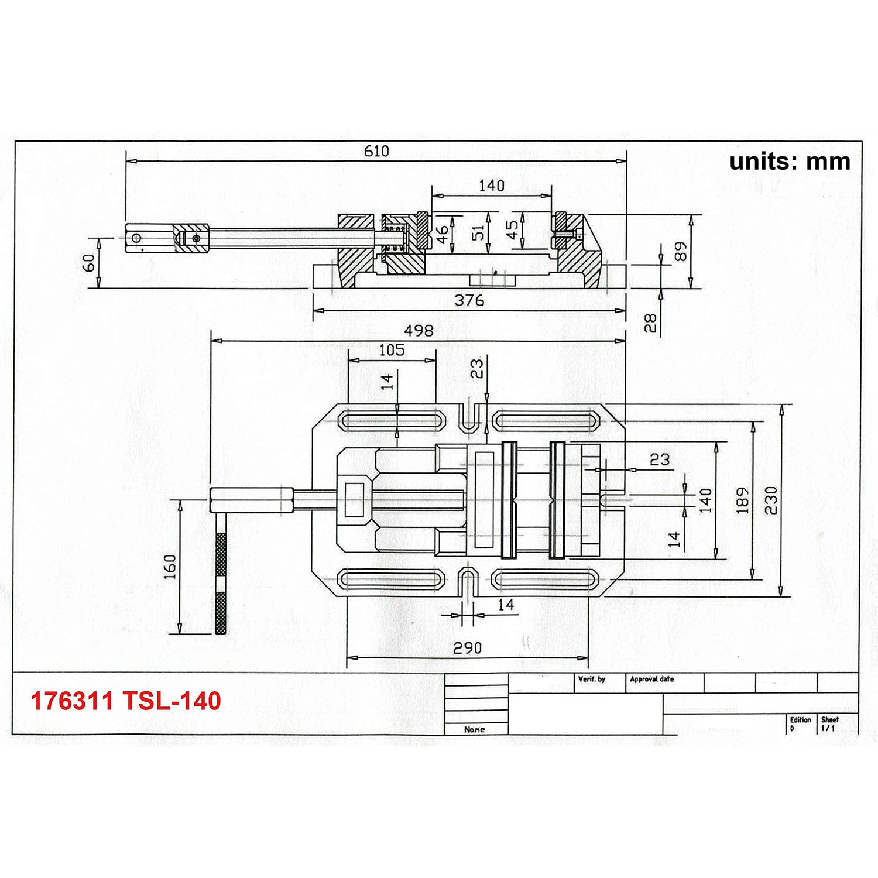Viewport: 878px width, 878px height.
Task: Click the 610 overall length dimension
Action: pos(376,151)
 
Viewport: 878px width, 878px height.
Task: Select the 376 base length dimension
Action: pos(469,300)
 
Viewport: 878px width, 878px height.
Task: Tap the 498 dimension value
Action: pos(419,331)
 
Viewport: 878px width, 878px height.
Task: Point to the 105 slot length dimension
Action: pos(392,350)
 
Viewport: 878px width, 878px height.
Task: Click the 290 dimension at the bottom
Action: pos(467,648)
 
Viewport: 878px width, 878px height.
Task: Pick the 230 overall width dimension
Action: pos(771,500)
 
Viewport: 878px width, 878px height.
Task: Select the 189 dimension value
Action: pos(742,500)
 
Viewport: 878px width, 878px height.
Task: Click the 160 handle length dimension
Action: pos(169,567)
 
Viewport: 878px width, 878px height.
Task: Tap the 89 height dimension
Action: pos(681,252)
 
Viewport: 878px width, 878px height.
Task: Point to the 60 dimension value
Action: pos(88,263)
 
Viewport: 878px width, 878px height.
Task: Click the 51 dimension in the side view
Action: pos(479,232)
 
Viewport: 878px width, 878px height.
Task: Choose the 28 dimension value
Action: pos(650,323)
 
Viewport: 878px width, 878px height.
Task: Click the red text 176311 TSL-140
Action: pos(126,701)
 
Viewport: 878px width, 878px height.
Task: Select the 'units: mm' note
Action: pos(790,162)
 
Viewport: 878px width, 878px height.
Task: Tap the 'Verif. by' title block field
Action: pos(592,679)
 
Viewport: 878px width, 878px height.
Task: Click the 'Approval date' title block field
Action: pos(652,679)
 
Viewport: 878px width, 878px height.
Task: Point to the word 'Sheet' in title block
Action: pos(830,720)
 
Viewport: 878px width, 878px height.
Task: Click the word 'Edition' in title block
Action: pos(800,720)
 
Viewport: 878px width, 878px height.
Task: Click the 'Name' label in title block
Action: pos(474,729)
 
